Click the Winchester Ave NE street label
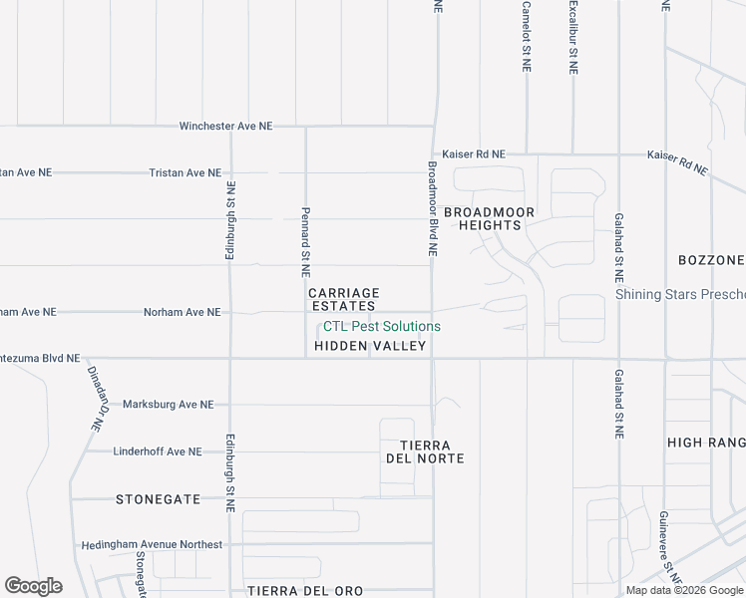point(225,127)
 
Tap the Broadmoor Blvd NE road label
point(433,209)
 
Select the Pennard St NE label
point(306,241)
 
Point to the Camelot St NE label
point(526,36)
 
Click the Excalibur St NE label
point(573,36)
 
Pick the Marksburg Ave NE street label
point(168,405)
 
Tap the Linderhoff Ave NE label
point(158,451)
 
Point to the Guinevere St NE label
point(669,546)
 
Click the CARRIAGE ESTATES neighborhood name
point(344,299)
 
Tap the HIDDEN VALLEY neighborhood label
point(370,346)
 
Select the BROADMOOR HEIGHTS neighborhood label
point(490,218)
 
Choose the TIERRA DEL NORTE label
point(425,451)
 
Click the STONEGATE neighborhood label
point(158,498)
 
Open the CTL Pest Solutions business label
point(381,326)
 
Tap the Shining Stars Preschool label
point(680,294)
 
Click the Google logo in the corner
point(33,586)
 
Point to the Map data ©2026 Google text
point(685,590)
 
